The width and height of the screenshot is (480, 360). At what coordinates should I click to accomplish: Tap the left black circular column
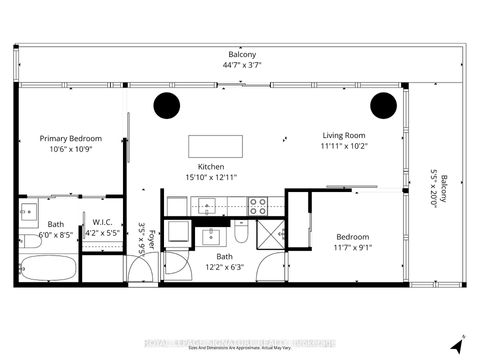click(166, 105)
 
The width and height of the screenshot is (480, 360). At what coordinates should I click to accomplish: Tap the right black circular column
click(383, 105)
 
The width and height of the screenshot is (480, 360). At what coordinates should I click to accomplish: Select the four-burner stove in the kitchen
click(257, 207)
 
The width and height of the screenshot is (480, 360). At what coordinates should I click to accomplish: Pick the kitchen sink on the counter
click(207, 207)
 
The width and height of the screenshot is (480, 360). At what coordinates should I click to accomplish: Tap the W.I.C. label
click(103, 222)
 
